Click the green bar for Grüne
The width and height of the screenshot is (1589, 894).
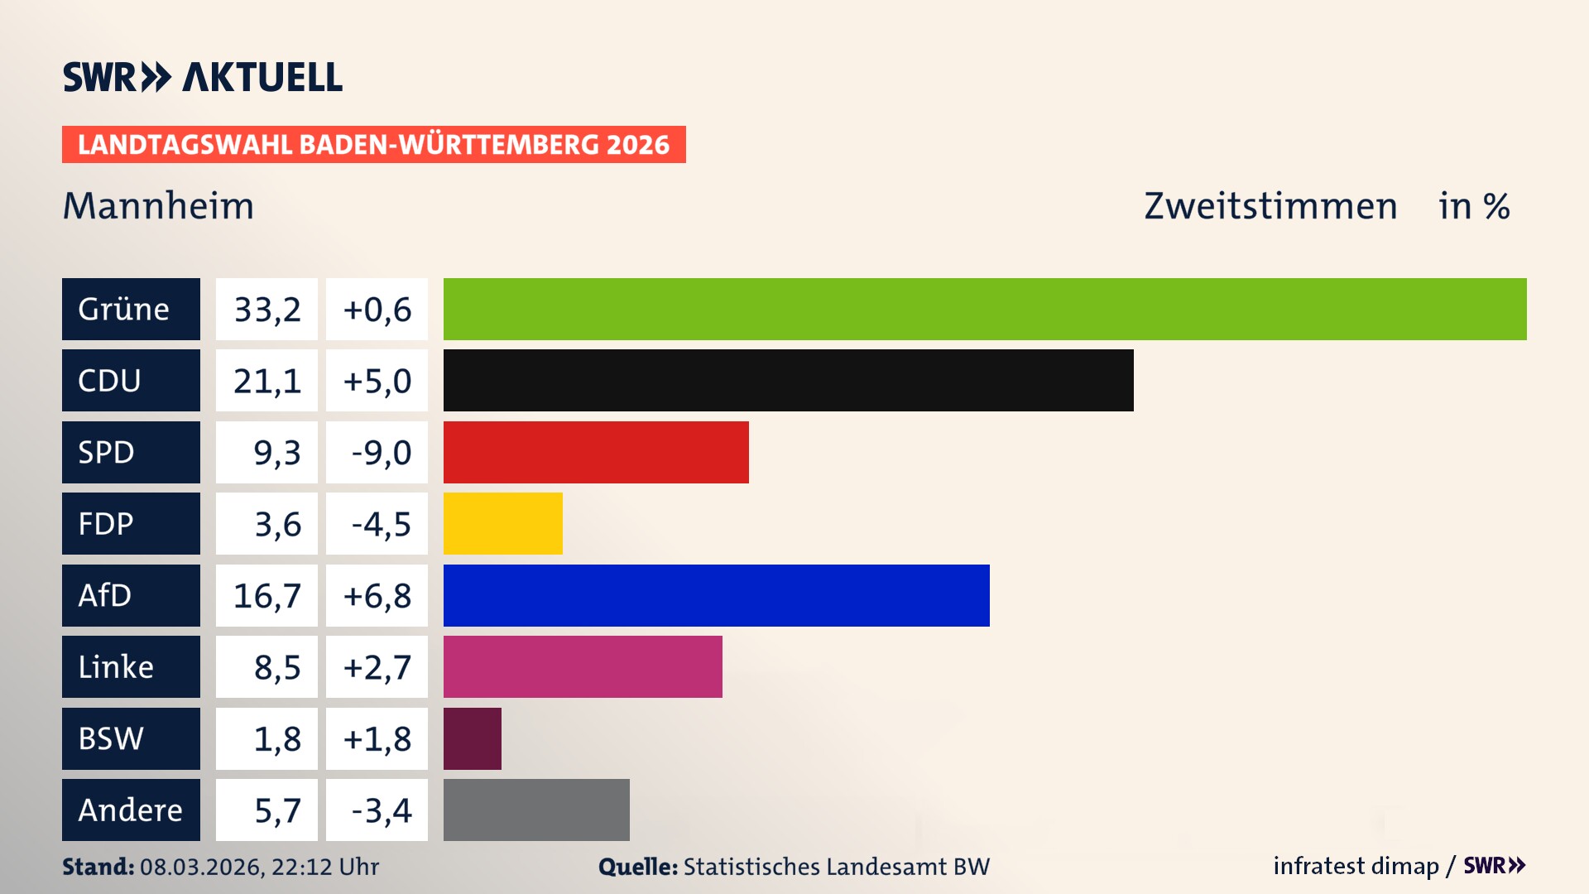pyautogui.click(x=985, y=309)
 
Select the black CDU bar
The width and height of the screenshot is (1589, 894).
pyautogui.click(x=788, y=380)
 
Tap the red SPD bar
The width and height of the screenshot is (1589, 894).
pyautogui.click(x=596, y=452)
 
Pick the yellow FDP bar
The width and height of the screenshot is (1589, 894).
pyautogui.click(x=502, y=523)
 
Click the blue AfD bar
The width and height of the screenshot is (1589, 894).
pyautogui.click(x=716, y=595)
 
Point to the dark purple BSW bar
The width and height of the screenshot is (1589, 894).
pyautogui.click(x=472, y=738)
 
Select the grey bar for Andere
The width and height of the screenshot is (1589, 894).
pyautogui.click(x=536, y=810)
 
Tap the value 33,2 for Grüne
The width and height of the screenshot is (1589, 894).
pyautogui.click(x=266, y=309)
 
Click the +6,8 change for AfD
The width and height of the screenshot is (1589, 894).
pyautogui.click(x=377, y=595)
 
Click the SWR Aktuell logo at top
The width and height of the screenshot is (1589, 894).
pyautogui.click(x=202, y=77)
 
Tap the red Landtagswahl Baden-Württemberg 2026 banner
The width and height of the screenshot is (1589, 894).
pyautogui.click(x=373, y=144)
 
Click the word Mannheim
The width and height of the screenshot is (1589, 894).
pyautogui.click(x=159, y=206)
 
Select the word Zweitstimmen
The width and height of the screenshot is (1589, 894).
pyautogui.click(x=1270, y=206)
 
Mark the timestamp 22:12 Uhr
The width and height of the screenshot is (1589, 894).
pyautogui.click(x=324, y=867)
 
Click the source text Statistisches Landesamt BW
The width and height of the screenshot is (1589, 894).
pyautogui.click(x=836, y=867)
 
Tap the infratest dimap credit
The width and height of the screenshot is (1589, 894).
pyautogui.click(x=1356, y=866)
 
